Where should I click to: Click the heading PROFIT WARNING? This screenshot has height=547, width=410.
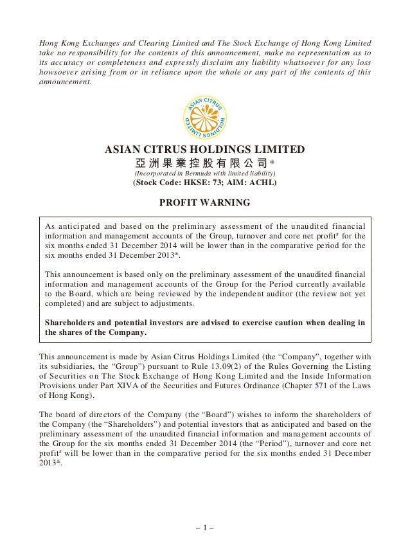204,204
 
